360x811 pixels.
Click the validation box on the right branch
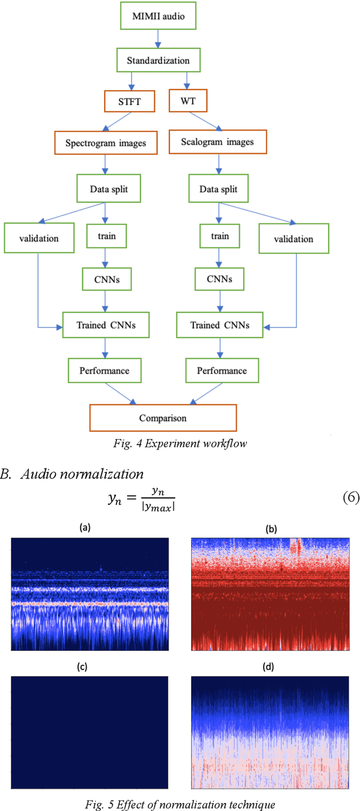pos(293,239)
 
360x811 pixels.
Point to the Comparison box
pos(163,418)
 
